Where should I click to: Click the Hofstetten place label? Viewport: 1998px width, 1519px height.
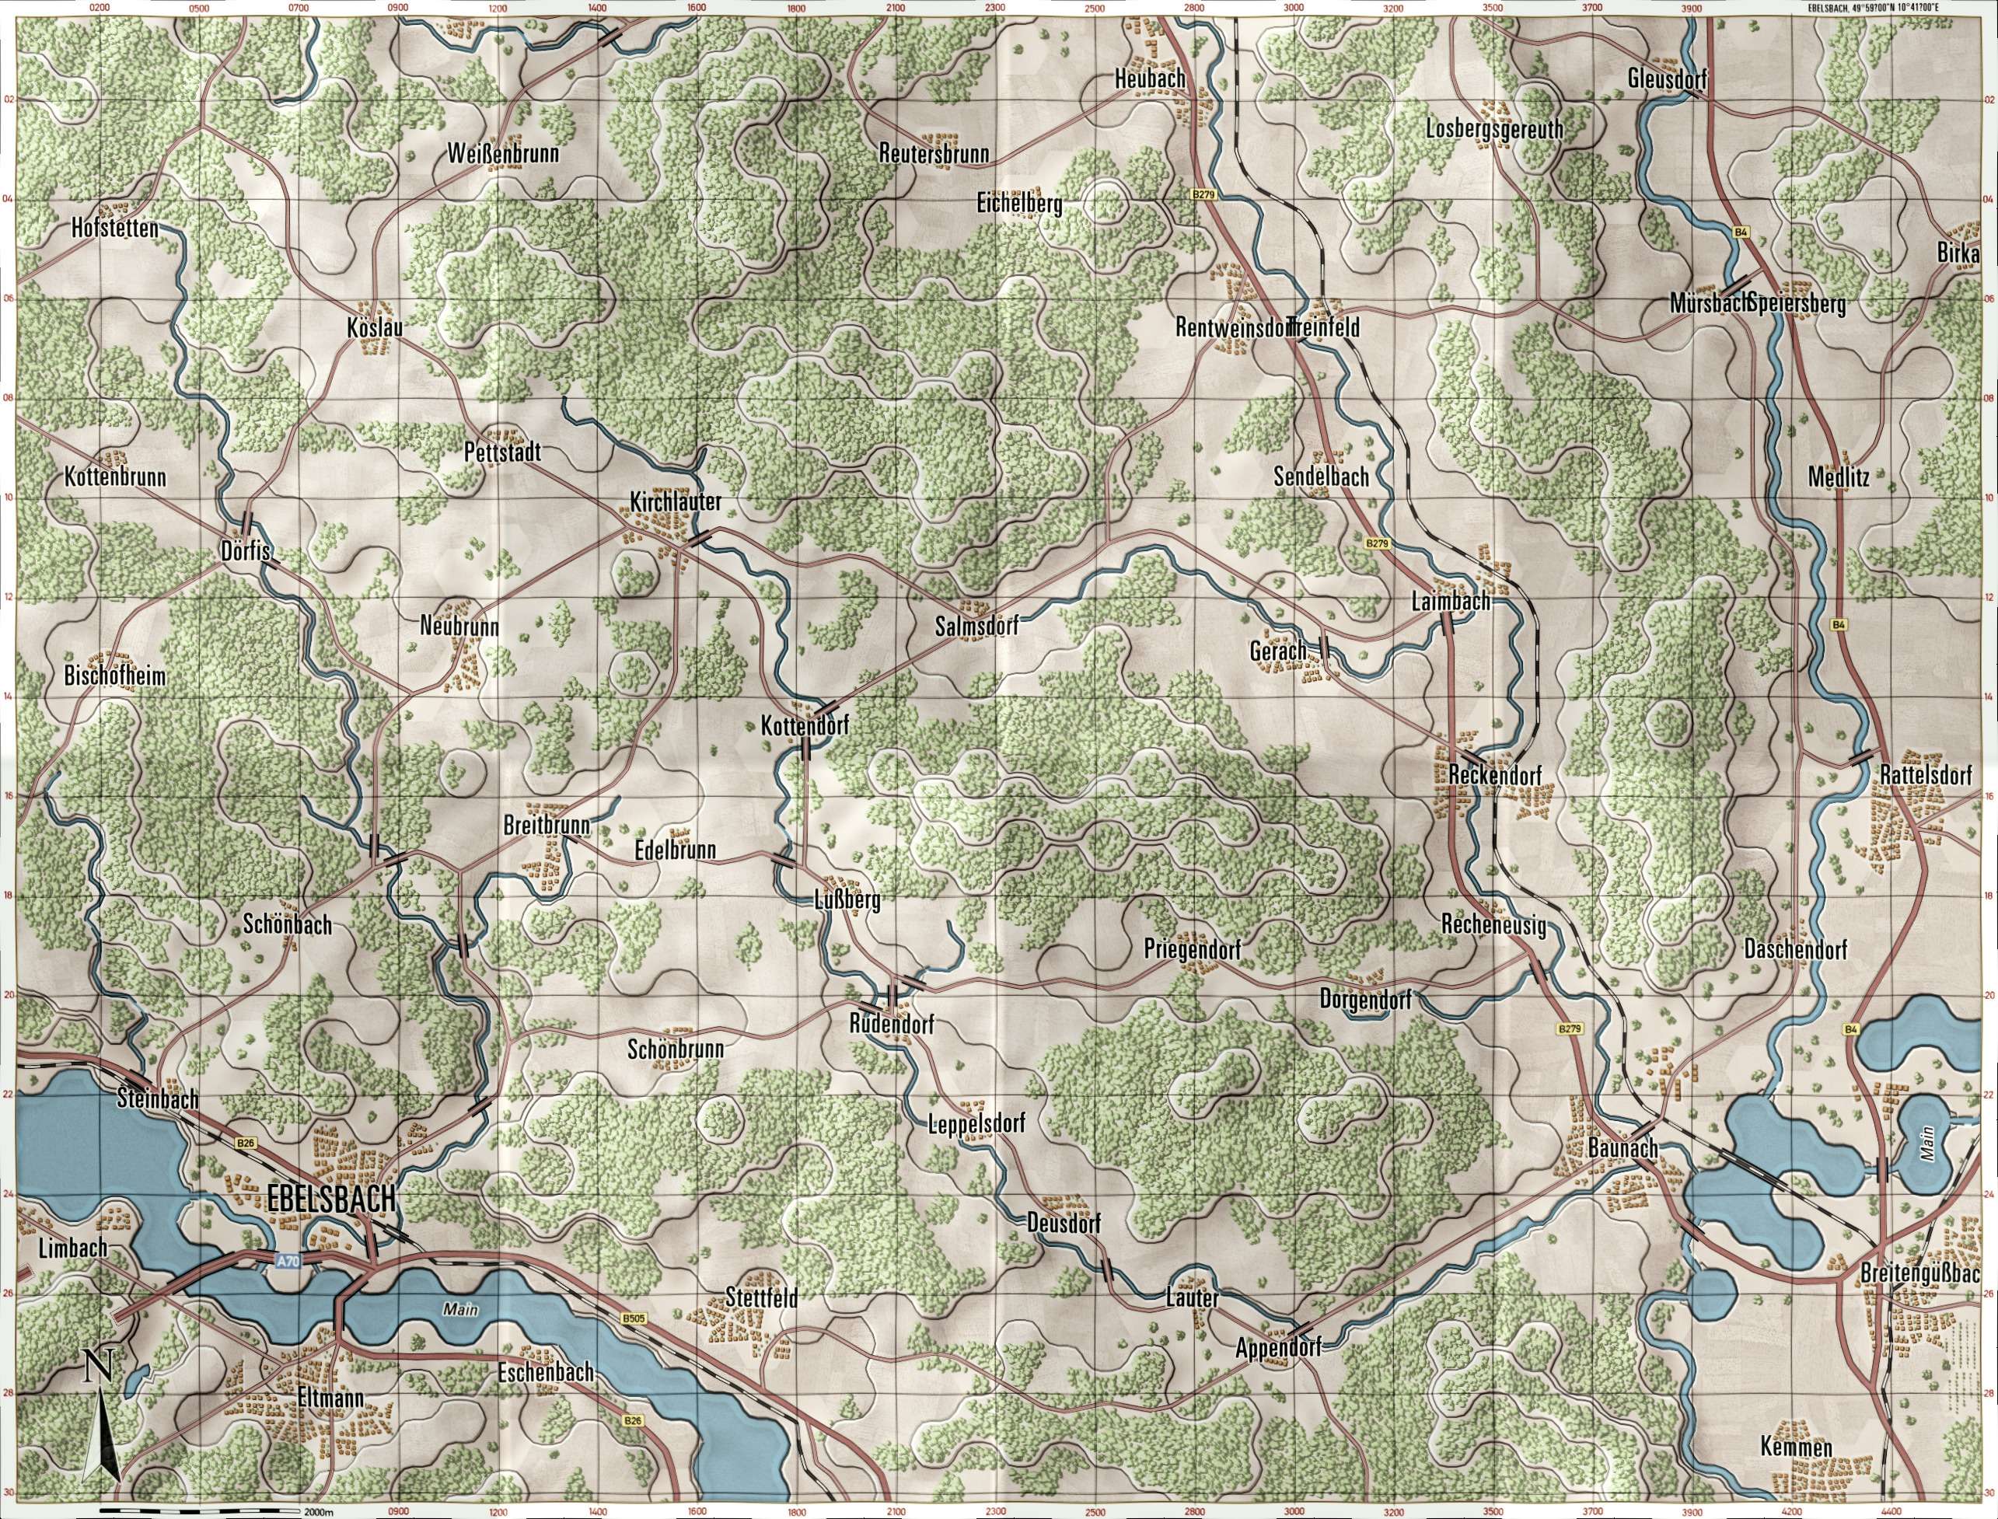[x=115, y=228]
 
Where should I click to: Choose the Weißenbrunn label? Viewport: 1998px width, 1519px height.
[x=503, y=155]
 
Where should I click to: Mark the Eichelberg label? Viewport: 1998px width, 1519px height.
[x=1019, y=204]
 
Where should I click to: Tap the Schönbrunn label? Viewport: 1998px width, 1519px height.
[x=676, y=1049]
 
